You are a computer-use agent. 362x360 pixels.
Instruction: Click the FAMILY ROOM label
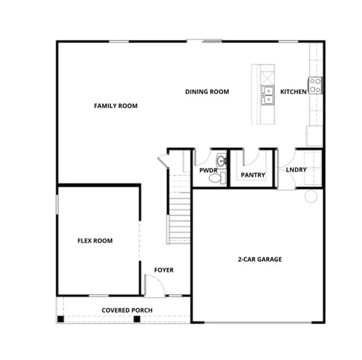point(115,106)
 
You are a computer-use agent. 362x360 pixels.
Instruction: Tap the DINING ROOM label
point(207,92)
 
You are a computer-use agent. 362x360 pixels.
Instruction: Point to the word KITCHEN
point(293,92)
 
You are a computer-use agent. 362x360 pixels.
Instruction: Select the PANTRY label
point(253,175)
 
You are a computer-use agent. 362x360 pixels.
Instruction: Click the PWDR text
point(208,171)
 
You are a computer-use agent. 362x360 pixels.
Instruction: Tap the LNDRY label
point(296,170)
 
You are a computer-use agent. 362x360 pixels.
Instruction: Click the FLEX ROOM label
point(95,240)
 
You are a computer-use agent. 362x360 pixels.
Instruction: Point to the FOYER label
point(164,270)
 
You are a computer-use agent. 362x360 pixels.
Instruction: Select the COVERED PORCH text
point(127,310)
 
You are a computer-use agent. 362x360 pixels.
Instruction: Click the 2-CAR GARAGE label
point(259,259)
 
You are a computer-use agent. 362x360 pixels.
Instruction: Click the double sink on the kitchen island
point(268,93)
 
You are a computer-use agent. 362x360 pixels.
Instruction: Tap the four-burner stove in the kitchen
point(315,85)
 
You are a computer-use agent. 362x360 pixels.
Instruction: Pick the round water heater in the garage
point(311,196)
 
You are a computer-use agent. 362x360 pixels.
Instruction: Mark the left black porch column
point(60,318)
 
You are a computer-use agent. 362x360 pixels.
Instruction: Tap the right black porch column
point(137,318)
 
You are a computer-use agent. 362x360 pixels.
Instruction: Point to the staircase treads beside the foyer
point(179,217)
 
